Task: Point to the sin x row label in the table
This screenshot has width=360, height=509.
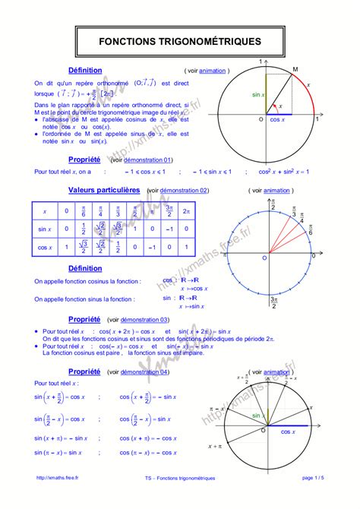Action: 45,229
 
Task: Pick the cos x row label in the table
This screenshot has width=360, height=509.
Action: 45,246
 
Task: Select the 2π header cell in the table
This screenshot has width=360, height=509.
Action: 187,211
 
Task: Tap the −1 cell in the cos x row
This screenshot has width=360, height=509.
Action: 153,246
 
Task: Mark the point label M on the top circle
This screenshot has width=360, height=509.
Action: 295,69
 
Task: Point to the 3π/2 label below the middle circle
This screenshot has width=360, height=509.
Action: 273,303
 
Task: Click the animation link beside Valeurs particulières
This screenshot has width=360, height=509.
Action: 276,190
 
